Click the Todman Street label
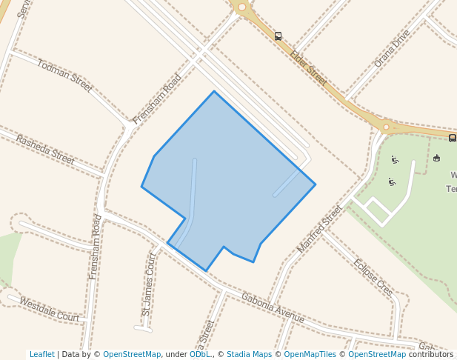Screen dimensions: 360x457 click(x=65, y=76)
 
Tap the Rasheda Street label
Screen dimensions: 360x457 click(x=45, y=150)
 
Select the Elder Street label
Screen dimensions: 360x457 click(x=308, y=65)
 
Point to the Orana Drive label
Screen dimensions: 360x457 click(x=392, y=49)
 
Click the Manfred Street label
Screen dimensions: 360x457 click(x=320, y=229)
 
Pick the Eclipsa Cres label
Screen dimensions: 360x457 click(x=373, y=278)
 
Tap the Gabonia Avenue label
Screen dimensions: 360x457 click(x=273, y=307)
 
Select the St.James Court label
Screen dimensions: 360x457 click(x=150, y=284)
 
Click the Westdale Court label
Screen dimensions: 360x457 click(x=49, y=310)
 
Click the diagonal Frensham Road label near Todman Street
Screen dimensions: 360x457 click(x=157, y=99)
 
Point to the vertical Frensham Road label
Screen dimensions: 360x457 click(x=96, y=247)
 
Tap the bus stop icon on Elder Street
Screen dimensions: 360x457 click(x=278, y=36)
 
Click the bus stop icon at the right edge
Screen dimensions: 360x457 click(x=452, y=137)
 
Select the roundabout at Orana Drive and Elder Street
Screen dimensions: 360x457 click(x=386, y=127)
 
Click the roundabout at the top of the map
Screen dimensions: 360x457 click(x=241, y=7)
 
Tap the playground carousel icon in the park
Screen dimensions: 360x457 click(x=436, y=158)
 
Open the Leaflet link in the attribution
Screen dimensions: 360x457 click(x=42, y=354)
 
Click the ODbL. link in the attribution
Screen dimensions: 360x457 click(x=200, y=354)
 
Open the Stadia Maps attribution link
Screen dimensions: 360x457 click(x=249, y=354)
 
